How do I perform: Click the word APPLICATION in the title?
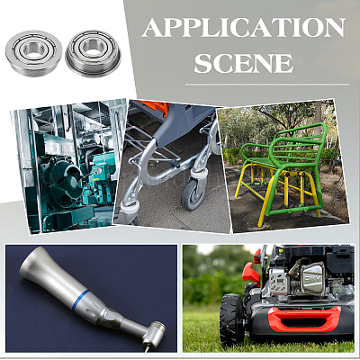click(243, 28)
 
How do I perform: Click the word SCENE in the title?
click(243, 63)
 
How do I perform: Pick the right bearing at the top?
click(93, 53)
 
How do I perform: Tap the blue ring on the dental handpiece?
click(80, 300)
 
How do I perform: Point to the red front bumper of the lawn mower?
click(304, 319)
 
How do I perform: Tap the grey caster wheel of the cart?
click(193, 194)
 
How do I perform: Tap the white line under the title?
click(267, 85)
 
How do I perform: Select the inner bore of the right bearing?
click(93, 47)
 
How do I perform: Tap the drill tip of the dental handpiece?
click(146, 348)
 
